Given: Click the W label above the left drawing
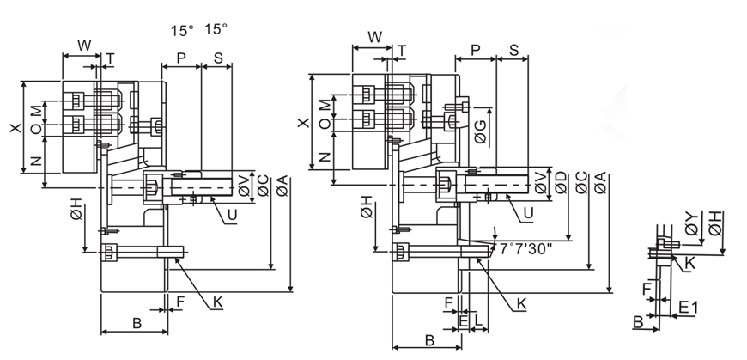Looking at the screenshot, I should coord(84,44).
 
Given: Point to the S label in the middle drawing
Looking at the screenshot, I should coord(513,51).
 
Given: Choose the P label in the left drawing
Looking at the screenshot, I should coord(181,57).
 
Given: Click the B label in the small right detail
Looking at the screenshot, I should coord(639,321).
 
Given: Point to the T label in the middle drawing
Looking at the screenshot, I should coord(401,52).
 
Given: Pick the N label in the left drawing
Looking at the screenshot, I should coord(33,162).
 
